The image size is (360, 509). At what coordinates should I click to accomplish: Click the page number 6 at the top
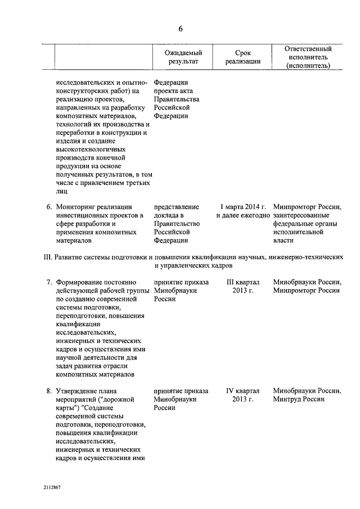pos(180,29)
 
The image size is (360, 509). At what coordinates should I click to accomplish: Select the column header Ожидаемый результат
pos(182,57)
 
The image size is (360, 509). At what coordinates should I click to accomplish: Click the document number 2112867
pos(51,488)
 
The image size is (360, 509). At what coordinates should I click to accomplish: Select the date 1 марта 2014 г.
pos(243,206)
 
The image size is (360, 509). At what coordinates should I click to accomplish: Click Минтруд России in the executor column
pos(298,399)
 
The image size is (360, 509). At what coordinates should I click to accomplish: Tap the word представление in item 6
pos(175,206)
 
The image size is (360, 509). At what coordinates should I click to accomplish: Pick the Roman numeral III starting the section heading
pos(47,256)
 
